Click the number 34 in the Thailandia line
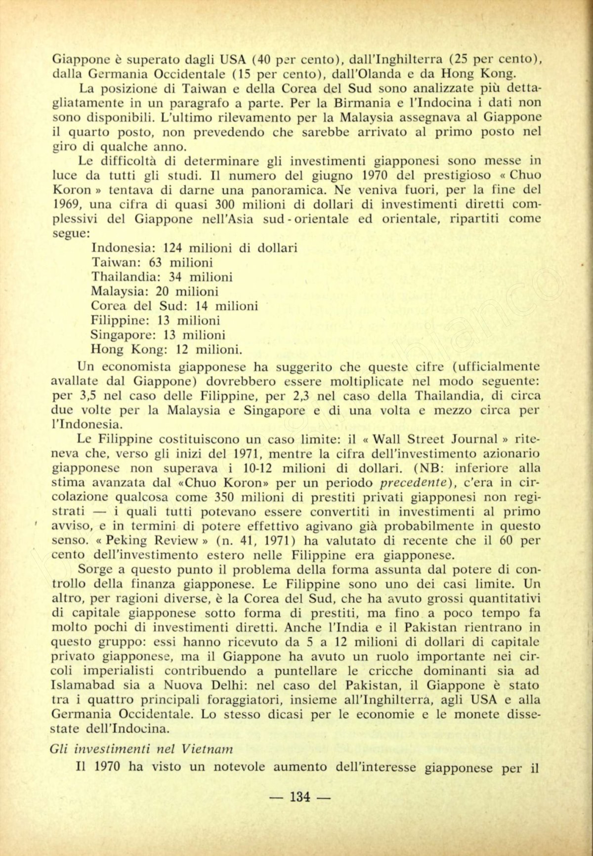point(176,277)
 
